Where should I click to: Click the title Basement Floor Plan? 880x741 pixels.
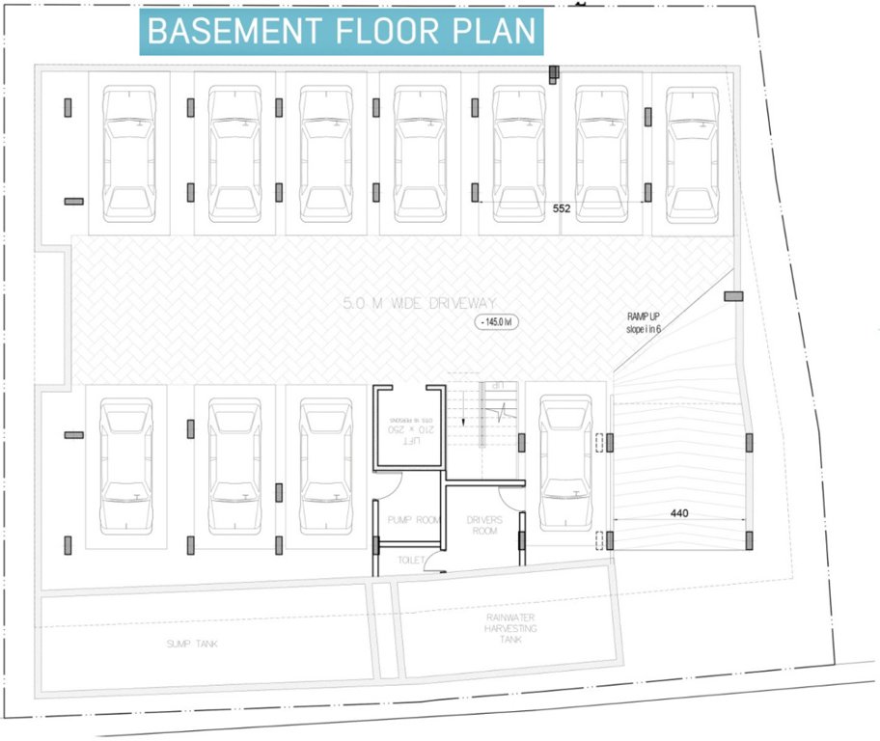[x=342, y=31]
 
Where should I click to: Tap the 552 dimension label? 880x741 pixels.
[x=563, y=207]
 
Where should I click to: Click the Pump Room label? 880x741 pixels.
[x=413, y=520]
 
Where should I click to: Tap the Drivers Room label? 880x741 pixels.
[x=484, y=525]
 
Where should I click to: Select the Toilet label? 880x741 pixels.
[x=411, y=560]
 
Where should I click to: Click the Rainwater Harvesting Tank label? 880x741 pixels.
[x=510, y=627]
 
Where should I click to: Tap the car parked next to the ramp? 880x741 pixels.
[x=566, y=463]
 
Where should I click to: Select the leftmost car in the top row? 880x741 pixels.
[x=129, y=154]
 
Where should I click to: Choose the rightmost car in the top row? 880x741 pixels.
[x=691, y=154]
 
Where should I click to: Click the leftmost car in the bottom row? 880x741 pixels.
[x=126, y=466]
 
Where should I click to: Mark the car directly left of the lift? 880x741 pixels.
[x=325, y=466]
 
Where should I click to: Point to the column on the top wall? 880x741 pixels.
[x=554, y=74]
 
